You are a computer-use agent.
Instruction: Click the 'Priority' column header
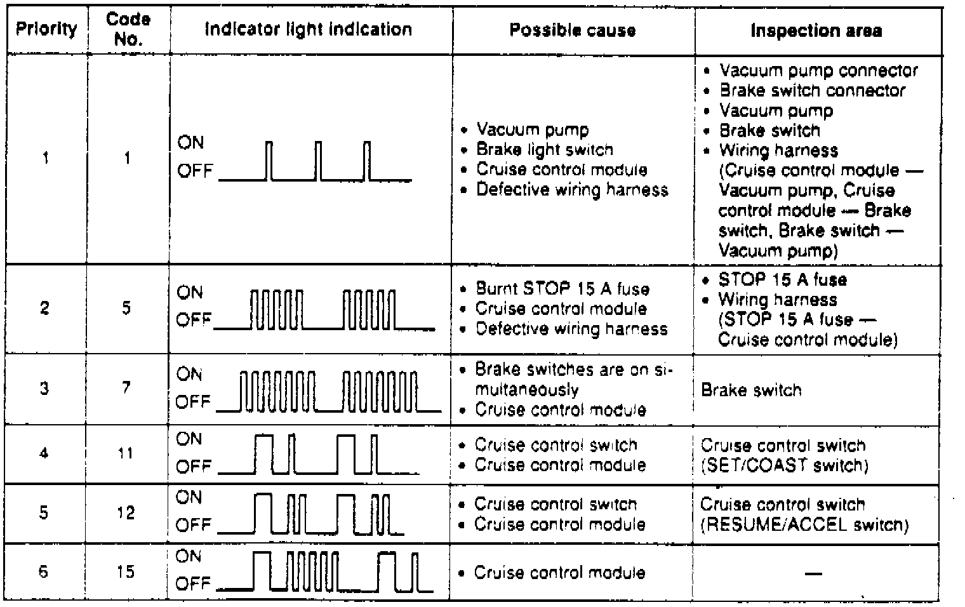pos(46,29)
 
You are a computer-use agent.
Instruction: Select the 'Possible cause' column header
pos(572,30)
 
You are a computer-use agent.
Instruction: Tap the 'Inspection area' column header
pos(816,30)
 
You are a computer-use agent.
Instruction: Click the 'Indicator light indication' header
pos(309,29)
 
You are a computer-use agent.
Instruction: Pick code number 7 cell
pos(126,387)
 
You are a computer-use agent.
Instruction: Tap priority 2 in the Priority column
pos(44,309)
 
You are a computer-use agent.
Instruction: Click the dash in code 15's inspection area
pos(813,573)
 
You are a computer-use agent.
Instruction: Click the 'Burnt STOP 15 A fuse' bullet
pos(562,289)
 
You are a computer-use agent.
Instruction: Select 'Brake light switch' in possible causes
pos(544,150)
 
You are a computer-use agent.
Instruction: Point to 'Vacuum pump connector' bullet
pos(818,70)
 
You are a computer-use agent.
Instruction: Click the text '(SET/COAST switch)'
pos(784,465)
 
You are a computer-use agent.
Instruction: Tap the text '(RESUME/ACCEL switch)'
pos(804,524)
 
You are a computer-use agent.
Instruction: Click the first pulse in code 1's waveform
pos(269,161)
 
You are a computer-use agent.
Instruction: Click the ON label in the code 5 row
pos(190,293)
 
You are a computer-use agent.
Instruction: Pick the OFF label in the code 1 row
pos(195,171)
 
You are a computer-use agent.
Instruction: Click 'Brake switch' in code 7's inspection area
pos(751,390)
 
